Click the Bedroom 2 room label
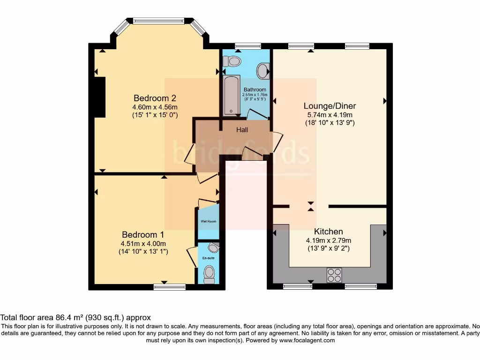click(x=155, y=98)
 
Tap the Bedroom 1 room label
click(x=143, y=234)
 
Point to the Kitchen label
click(x=328, y=232)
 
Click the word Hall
click(x=242, y=130)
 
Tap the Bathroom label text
click(x=255, y=90)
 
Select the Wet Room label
click(x=208, y=221)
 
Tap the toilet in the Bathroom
click(x=232, y=61)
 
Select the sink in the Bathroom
click(x=263, y=71)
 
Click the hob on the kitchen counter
click(x=335, y=275)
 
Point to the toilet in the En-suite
click(x=209, y=273)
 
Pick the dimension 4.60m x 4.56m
click(x=155, y=107)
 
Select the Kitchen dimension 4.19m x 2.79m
click(x=328, y=240)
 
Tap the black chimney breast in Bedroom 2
click(x=99, y=97)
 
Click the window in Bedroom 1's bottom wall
click(x=169, y=287)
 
